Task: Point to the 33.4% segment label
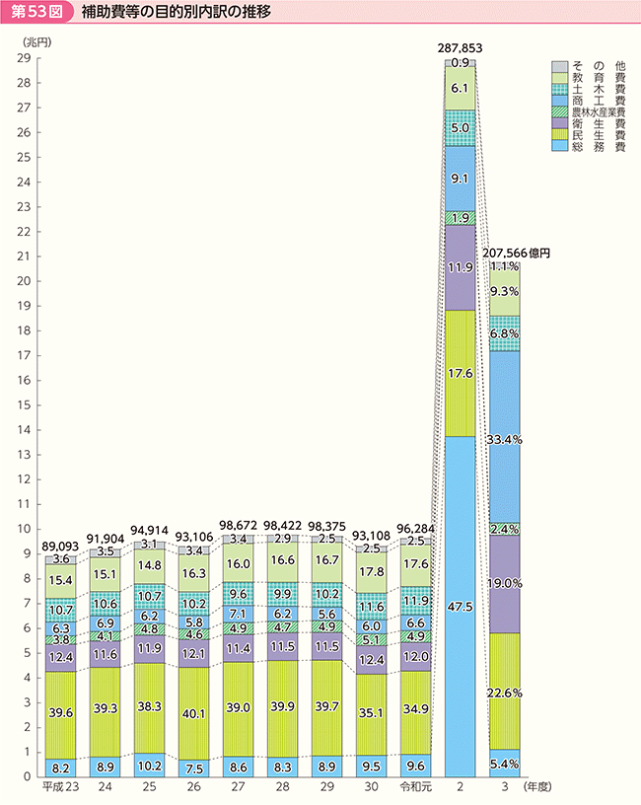tap(505, 437)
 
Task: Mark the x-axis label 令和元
tap(415, 788)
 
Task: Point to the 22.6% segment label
tap(505, 694)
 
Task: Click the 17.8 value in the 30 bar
tap(371, 572)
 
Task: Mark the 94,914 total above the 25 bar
tap(149, 529)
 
